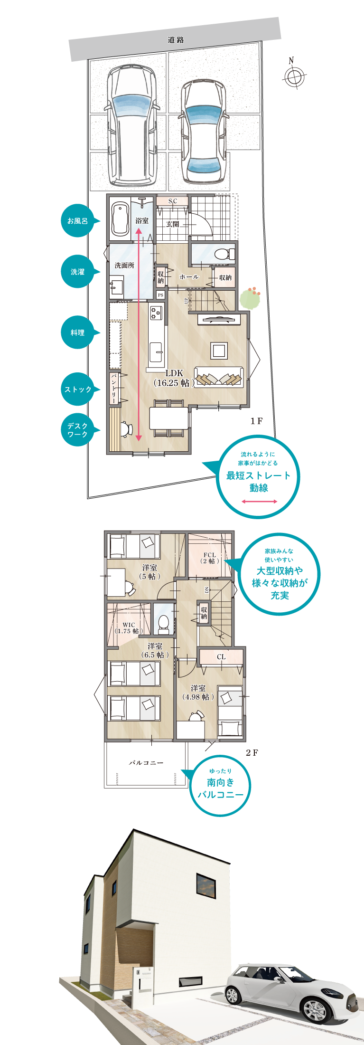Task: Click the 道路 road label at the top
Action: (x=176, y=40)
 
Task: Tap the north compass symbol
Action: (x=294, y=76)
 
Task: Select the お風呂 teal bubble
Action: (x=77, y=221)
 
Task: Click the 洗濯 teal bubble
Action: (x=77, y=272)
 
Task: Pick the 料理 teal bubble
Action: (x=77, y=332)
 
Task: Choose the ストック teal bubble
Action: (x=77, y=389)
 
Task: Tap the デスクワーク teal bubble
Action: (x=77, y=430)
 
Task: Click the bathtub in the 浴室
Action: (x=120, y=219)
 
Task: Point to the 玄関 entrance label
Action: (x=172, y=224)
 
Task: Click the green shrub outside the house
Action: (x=250, y=299)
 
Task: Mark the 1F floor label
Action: (x=256, y=421)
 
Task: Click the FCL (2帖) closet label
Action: (x=209, y=558)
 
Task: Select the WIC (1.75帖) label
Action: (x=128, y=628)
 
